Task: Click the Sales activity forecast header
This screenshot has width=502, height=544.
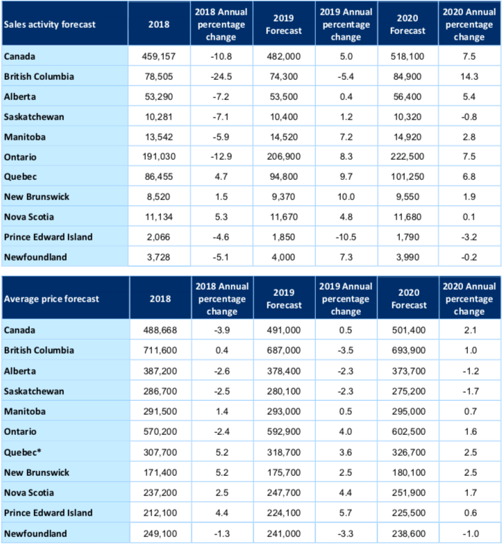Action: tap(49, 24)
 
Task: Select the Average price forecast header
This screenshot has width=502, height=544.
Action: tap(51, 299)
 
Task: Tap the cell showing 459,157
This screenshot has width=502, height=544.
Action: tap(159, 56)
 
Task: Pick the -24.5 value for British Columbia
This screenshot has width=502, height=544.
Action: tap(221, 76)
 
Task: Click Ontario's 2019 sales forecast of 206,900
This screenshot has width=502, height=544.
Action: tap(283, 156)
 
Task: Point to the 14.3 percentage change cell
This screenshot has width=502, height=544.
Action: tap(469, 76)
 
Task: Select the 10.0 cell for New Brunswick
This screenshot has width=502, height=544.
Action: tap(346, 197)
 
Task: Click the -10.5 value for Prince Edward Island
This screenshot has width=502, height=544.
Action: tap(346, 237)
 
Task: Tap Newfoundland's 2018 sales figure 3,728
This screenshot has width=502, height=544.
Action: tap(159, 257)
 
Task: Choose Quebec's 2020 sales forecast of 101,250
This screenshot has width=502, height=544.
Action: tap(408, 176)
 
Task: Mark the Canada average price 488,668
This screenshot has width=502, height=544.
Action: tap(160, 330)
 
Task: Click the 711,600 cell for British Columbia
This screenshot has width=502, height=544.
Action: tap(160, 350)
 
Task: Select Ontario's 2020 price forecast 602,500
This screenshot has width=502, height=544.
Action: tap(409, 431)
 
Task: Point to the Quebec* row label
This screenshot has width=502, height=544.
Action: tap(22, 452)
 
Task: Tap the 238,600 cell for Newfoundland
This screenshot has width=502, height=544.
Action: tap(409, 534)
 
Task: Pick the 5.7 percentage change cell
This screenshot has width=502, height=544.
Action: tap(346, 513)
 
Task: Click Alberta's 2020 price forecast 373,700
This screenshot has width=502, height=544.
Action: tap(409, 371)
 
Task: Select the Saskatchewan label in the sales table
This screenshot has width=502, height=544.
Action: tap(34, 117)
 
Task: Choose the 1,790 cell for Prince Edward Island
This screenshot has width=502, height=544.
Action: tap(408, 237)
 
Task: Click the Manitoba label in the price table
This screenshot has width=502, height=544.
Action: tap(24, 411)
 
